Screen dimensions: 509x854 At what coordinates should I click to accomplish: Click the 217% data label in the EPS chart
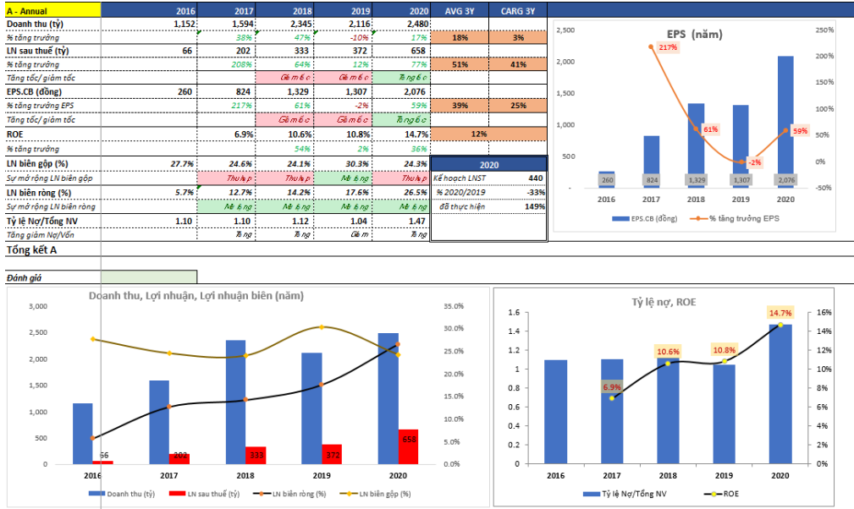666,47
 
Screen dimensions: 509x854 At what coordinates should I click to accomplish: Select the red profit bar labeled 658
408,446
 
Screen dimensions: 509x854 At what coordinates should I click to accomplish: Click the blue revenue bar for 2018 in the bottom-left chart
235,402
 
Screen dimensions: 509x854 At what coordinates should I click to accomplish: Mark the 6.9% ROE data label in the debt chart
612,387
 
